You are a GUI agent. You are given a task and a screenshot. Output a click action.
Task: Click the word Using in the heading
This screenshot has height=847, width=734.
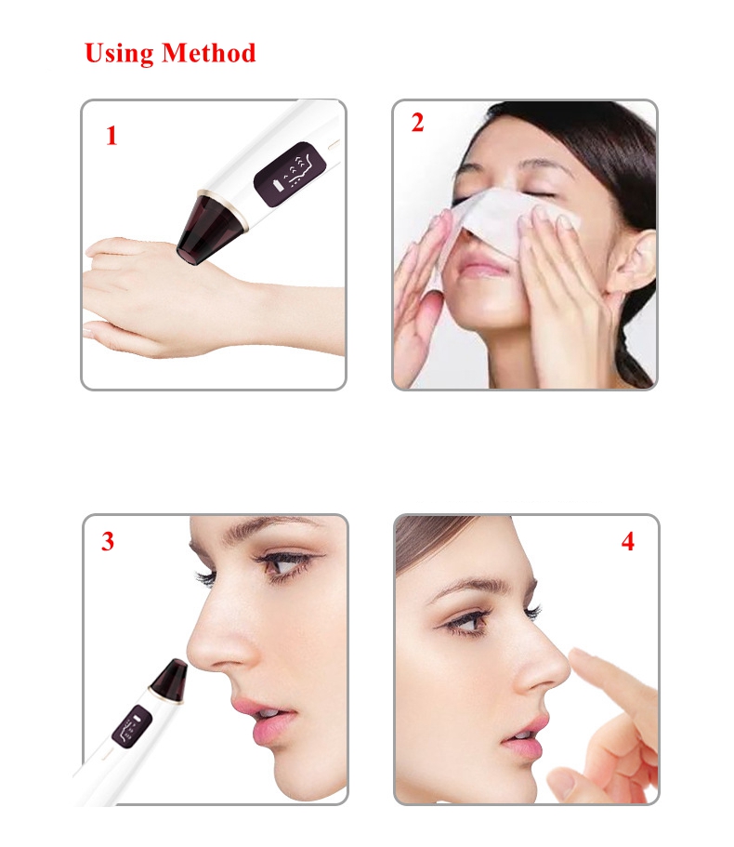pos(119,54)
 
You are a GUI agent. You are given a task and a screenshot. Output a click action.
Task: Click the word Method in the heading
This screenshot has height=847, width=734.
pos(209,53)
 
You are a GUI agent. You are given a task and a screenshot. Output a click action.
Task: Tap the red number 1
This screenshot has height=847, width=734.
pos(111,136)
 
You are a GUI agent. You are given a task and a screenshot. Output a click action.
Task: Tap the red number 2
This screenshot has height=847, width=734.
pos(417,123)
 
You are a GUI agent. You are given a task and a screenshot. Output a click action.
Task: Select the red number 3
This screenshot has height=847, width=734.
pos(108,541)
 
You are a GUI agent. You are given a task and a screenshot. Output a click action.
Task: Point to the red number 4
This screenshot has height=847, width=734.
pos(628,541)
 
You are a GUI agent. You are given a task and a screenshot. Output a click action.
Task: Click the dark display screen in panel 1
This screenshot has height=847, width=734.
pos(290,174)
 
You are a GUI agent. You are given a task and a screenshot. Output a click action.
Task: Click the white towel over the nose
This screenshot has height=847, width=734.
pos(502,221)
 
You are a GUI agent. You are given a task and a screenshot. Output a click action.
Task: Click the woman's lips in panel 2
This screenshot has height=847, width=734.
pos(483,269)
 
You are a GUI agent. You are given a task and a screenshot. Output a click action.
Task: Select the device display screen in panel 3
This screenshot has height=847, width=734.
pos(131,726)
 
